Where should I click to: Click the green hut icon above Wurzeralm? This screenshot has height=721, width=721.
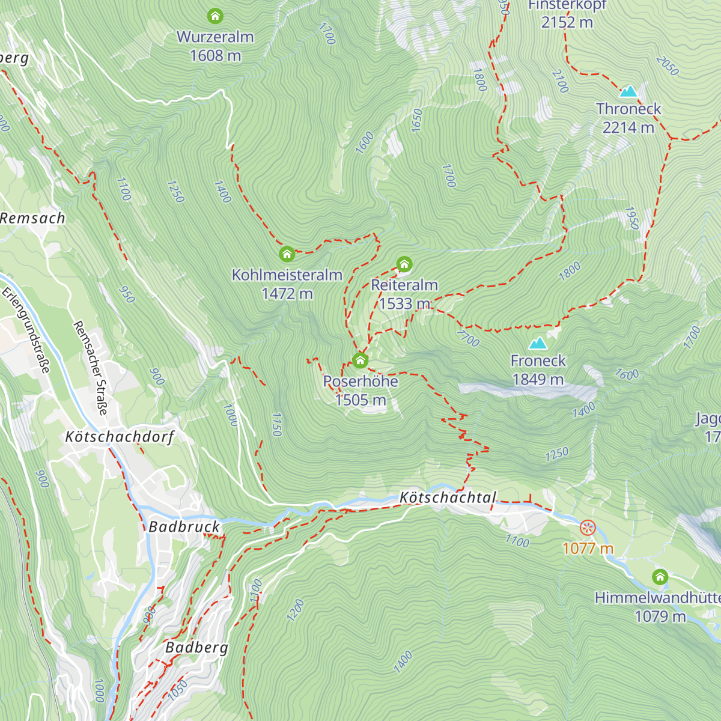[215, 16]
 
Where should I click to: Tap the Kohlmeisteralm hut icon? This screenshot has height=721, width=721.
[287, 254]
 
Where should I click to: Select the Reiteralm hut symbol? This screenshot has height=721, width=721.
[404, 264]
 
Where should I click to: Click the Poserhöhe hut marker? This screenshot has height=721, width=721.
[360, 360]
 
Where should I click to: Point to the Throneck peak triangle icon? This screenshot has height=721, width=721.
[628, 91]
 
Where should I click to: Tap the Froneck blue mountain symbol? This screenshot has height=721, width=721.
[538, 343]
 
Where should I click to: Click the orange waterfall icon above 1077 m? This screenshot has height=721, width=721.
[587, 528]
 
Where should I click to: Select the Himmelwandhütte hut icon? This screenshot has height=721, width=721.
[660, 577]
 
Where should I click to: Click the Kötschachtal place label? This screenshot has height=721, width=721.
[448, 497]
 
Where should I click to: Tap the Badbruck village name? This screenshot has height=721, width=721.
[184, 527]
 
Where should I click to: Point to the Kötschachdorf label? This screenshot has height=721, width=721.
[120, 437]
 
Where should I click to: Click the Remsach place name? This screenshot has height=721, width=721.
[32, 218]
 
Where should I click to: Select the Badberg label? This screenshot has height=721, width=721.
[196, 647]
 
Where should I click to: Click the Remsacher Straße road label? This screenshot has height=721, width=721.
[91, 368]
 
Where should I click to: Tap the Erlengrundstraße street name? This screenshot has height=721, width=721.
[26, 330]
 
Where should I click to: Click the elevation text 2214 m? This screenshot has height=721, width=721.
[628, 127]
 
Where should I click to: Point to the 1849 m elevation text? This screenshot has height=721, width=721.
[538, 379]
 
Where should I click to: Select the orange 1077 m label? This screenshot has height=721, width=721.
[588, 548]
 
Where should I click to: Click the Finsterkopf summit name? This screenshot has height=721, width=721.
[567, 5]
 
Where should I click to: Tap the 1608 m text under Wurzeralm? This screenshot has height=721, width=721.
[215, 56]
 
